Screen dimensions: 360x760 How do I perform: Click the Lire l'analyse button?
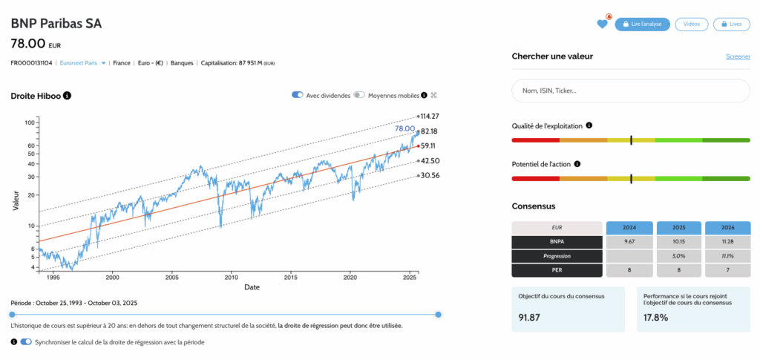pyautogui.click(x=643, y=24)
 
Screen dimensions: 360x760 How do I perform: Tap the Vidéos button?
pyautogui.click(x=691, y=24)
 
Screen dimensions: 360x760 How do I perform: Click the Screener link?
pyautogui.click(x=737, y=56)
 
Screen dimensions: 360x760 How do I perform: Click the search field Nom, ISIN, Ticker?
pyautogui.click(x=629, y=91)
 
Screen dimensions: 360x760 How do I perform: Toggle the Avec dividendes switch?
pyautogui.click(x=298, y=95)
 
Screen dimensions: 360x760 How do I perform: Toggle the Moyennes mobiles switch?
pyautogui.click(x=359, y=95)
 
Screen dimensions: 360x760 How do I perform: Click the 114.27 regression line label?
pyautogui.click(x=429, y=117)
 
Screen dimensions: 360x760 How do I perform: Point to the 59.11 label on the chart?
pyautogui.click(x=427, y=146)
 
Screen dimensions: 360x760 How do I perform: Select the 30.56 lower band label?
pyautogui.click(x=429, y=176)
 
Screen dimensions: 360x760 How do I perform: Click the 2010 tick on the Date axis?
pyautogui.click(x=230, y=277)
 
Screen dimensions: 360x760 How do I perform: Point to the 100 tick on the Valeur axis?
pyautogui.click(x=30, y=122)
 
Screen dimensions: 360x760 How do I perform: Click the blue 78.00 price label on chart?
pyautogui.click(x=404, y=128)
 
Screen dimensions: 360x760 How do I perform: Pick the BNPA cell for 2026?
pyautogui.click(x=727, y=241)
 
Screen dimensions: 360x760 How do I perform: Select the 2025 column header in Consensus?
pyautogui.click(x=678, y=227)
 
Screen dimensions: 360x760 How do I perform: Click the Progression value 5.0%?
pyautogui.click(x=678, y=255)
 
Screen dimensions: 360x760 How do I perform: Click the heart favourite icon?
pyautogui.click(x=602, y=24)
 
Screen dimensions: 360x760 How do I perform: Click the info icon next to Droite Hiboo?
pyautogui.click(x=68, y=96)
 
